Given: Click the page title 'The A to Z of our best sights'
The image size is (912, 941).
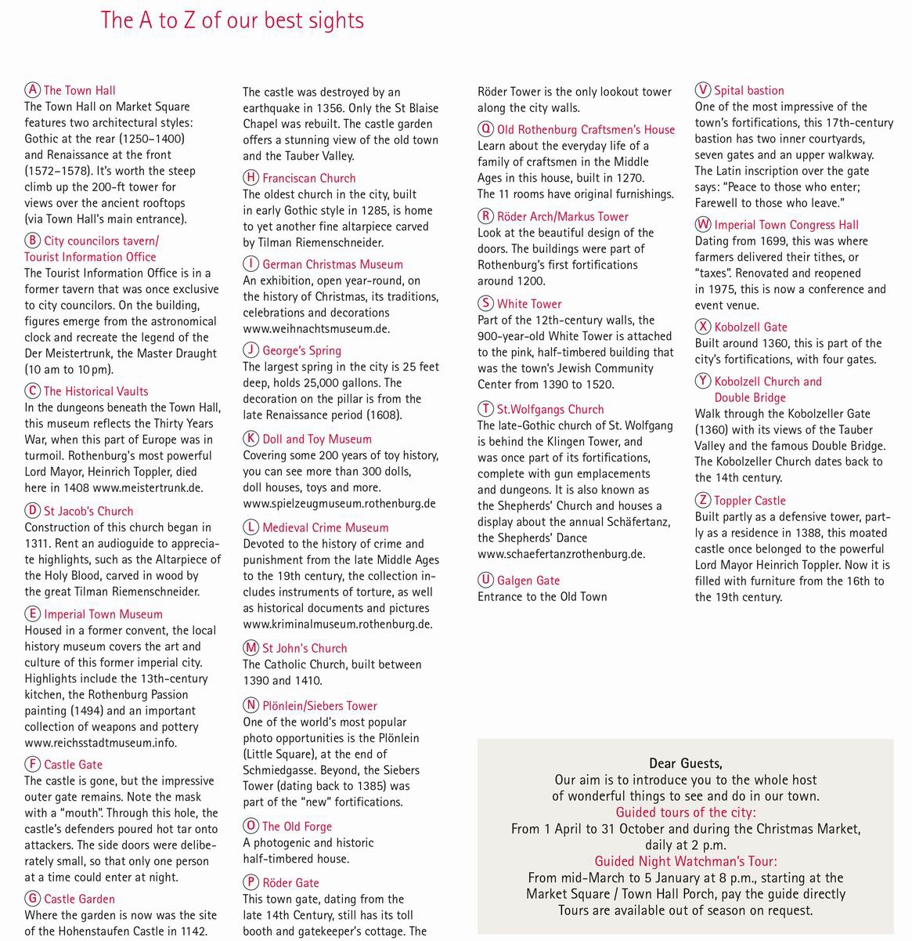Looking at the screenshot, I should pos(233,20).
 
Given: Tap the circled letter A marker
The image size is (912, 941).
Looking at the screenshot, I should pos(32,90).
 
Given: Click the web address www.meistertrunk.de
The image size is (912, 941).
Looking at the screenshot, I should pos(146,487).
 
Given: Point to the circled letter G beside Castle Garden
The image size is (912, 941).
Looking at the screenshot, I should pos(32,899).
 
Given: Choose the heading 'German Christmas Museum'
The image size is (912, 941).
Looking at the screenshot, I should pos(333,264).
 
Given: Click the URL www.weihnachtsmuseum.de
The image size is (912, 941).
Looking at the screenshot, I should pos(316,329).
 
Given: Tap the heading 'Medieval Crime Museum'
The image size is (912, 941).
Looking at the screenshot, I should pos(325,527).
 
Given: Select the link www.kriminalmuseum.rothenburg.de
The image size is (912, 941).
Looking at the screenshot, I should pos(337,624).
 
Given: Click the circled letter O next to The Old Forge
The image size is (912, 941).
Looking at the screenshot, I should pos(251,826).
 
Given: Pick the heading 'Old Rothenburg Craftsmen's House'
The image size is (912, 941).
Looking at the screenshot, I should pos(586,129).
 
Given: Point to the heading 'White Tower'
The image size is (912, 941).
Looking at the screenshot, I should pos(529,303).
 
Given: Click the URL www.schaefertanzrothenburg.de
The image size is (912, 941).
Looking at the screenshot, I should pos(561,554).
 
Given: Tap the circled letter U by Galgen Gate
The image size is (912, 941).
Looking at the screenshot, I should pos(485,581).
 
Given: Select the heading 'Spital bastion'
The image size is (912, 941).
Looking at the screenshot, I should pos(748,90).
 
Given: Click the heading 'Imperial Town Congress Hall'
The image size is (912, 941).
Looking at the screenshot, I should pos(786,225).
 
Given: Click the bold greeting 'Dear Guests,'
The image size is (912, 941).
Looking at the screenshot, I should pos(685,763).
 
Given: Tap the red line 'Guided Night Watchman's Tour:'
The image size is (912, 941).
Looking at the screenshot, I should pos(686,862).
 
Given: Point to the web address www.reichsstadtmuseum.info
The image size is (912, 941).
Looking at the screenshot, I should pos(100,743).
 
